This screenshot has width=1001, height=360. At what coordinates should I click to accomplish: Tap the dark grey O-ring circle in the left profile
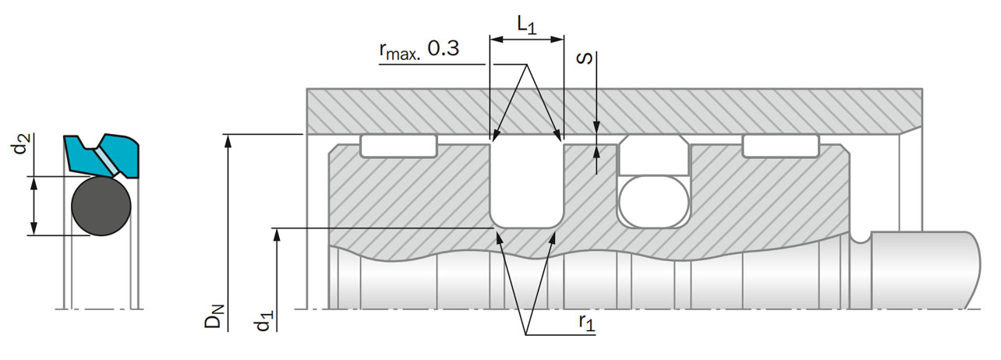click(x=101, y=206)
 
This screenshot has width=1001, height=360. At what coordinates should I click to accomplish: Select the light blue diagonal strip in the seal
click(x=106, y=159)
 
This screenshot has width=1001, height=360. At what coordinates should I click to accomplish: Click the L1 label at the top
click(x=527, y=25)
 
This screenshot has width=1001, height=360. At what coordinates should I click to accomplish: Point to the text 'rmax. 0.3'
click(x=419, y=50)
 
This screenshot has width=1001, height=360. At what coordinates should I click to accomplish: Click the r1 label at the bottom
click(x=587, y=321)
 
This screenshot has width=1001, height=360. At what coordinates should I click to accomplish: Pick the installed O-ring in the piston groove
click(x=653, y=201)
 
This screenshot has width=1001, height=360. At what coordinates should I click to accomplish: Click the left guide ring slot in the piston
click(x=398, y=146)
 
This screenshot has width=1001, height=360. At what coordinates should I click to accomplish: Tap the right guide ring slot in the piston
click(x=780, y=146)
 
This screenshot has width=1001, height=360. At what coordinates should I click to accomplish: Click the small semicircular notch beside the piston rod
click(x=860, y=238)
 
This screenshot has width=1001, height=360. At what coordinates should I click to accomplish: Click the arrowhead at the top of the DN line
click(x=228, y=140)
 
